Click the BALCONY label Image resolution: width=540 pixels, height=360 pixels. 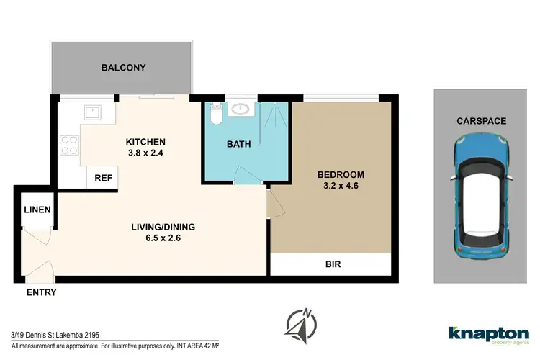tap(123, 68)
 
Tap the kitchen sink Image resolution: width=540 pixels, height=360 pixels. tap(91, 112)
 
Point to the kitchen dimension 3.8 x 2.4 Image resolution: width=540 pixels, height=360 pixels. tap(146, 153)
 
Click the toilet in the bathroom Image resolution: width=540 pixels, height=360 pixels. tap(215, 114)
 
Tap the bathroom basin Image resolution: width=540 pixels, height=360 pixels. tap(240, 110)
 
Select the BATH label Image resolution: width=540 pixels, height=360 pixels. tap(238, 144)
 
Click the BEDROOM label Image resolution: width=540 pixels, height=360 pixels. tap(341, 175)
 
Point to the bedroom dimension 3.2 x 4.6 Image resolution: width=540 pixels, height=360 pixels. tap(341, 187)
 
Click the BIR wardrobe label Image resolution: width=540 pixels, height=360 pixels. tap(333, 264)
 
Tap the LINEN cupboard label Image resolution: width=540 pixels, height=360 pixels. tap(36, 210)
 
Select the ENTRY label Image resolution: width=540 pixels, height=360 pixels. tap(40, 292)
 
